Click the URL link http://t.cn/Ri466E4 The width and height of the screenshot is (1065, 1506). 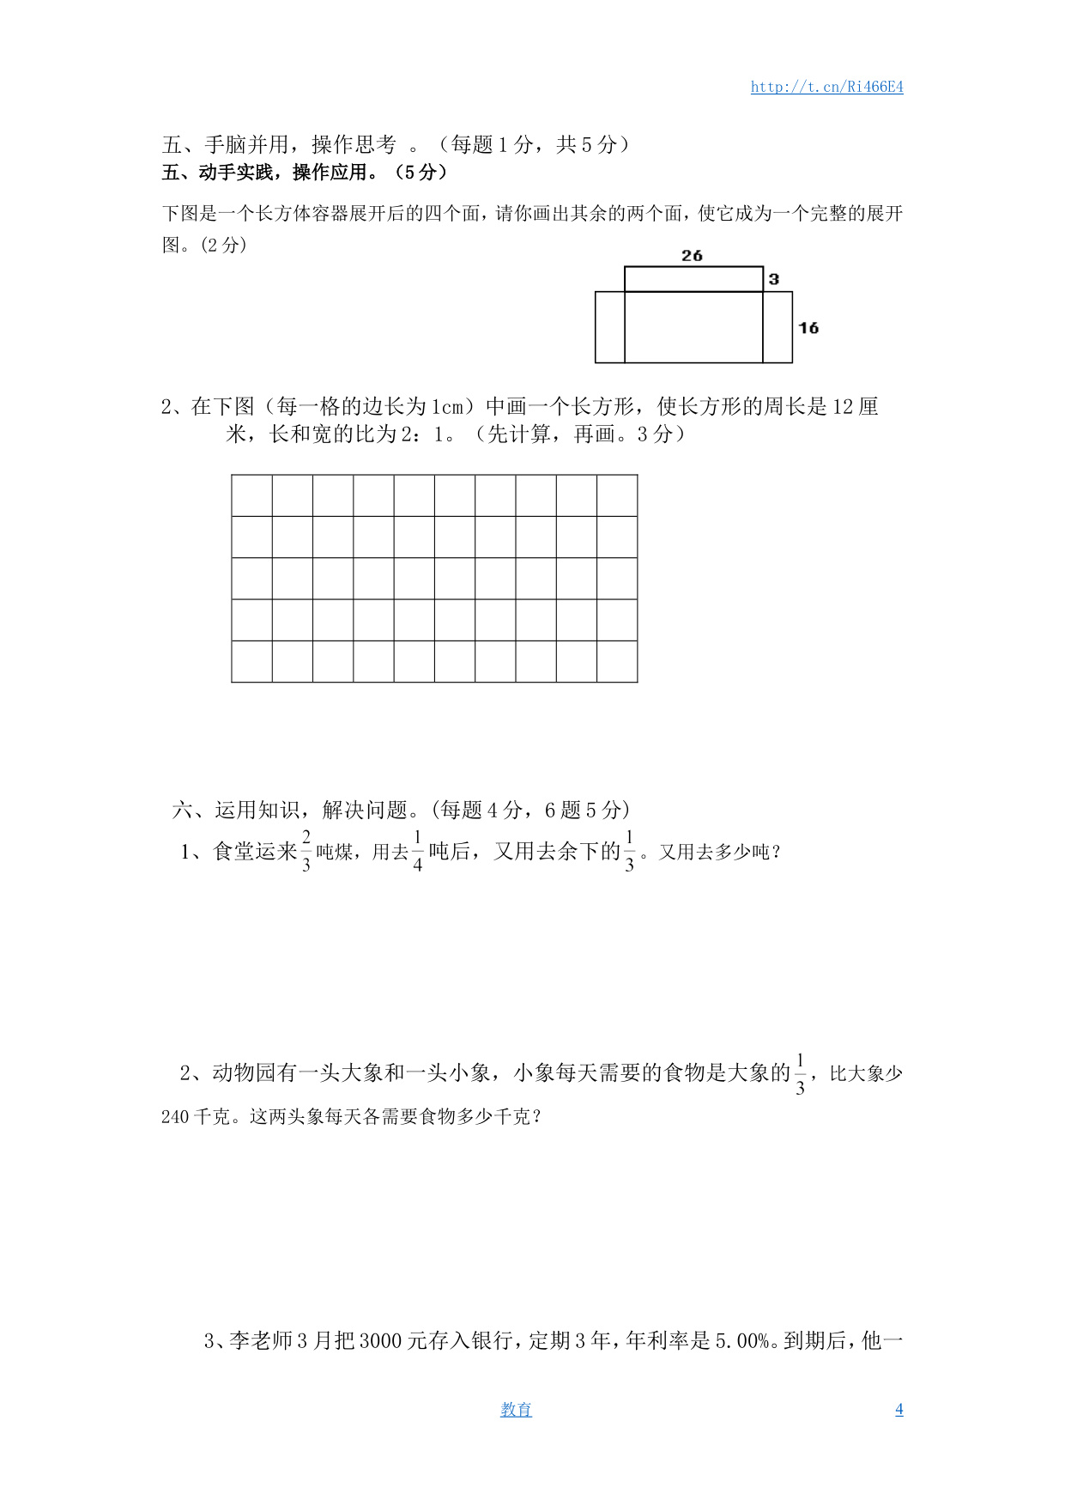826,87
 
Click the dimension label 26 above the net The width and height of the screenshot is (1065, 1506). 692,256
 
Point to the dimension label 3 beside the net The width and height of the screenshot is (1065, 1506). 774,279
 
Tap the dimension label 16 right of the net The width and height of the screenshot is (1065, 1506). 808,328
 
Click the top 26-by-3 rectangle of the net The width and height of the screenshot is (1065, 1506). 693,279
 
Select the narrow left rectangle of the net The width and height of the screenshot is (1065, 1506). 610,327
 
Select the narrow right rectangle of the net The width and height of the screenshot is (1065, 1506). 778,327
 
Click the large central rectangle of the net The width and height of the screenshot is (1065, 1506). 693,327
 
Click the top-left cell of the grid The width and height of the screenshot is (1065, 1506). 251,495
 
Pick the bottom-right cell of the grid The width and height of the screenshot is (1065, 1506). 617,661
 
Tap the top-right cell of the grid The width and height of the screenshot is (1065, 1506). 617,495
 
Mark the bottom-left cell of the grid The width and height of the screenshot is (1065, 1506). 251,661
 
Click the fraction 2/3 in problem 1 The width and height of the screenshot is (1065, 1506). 306,851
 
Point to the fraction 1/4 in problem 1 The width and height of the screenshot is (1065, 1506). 418,851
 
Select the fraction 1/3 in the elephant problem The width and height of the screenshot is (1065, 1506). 801,1074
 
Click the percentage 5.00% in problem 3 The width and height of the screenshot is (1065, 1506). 742,1340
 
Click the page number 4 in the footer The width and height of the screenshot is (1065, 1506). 899,1409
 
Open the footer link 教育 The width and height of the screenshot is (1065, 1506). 516,1409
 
